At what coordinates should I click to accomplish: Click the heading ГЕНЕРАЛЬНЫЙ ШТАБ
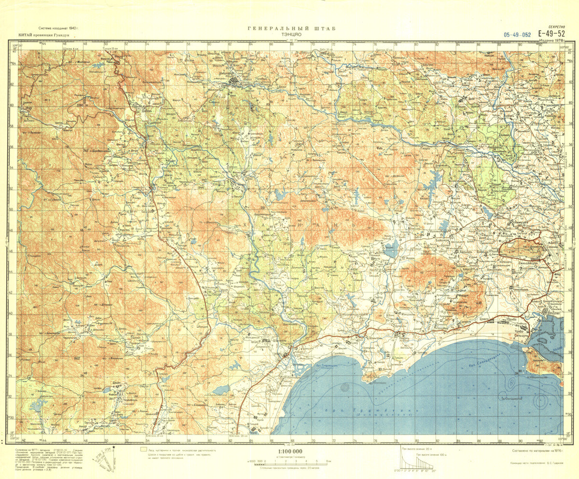(x=291, y=28)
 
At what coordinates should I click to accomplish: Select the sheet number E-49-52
(x=552, y=33)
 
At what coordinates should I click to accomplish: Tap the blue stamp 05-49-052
(x=517, y=34)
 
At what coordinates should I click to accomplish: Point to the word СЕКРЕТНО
(x=556, y=27)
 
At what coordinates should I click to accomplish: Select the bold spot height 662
(x=77, y=358)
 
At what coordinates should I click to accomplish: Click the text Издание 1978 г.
(x=553, y=41)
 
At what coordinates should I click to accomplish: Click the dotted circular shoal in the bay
(x=345, y=387)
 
